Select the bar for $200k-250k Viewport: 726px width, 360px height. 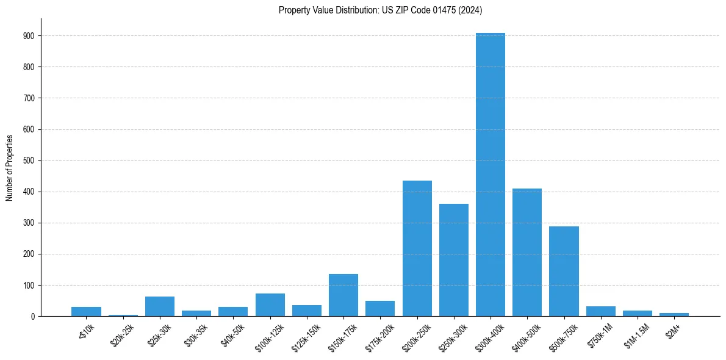click(417, 248)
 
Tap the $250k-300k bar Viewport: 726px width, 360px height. click(454, 260)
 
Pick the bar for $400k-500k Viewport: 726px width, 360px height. click(527, 253)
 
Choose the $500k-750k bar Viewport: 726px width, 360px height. click(564, 272)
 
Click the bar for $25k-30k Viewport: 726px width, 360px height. click(160, 306)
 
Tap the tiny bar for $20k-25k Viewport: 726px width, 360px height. click(123, 315)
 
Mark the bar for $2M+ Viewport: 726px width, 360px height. click(674, 314)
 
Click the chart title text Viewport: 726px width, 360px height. click(381, 10)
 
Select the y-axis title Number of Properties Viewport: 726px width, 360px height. click(10, 168)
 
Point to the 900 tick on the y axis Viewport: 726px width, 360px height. click(29, 36)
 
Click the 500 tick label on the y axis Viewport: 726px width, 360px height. click(29, 160)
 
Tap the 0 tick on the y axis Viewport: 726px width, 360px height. click(34, 316)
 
